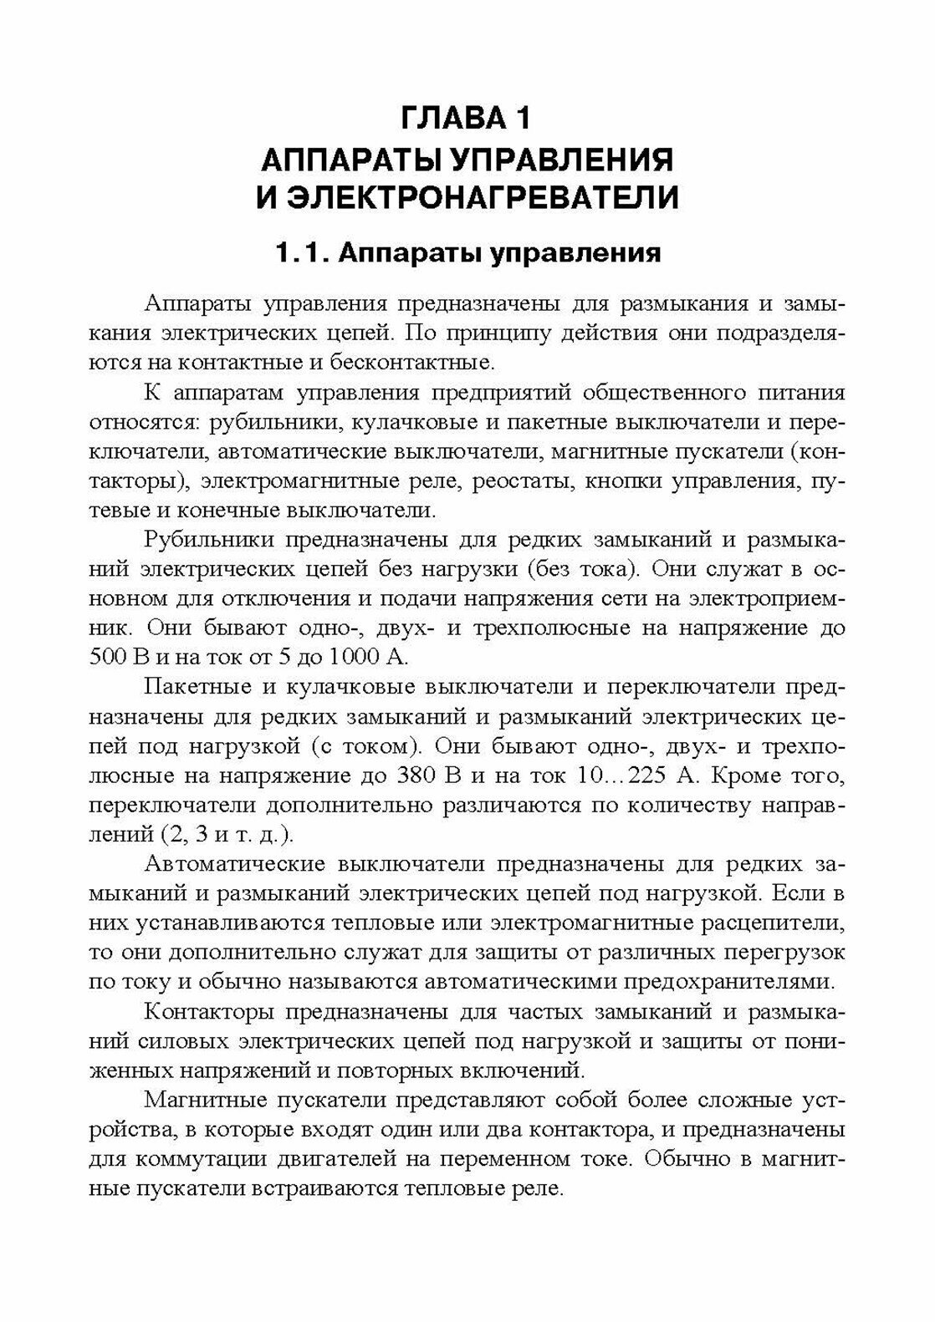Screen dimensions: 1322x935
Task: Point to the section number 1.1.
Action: pyautogui.click(x=302, y=253)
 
